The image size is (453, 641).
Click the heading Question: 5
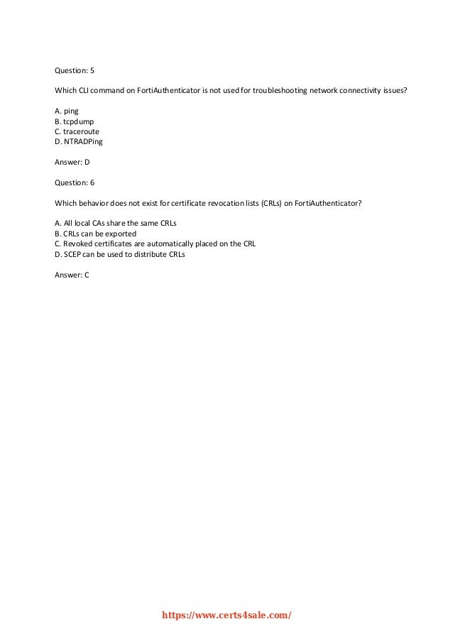coord(75,70)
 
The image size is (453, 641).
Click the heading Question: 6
coord(75,182)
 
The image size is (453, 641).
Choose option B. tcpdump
coord(74,121)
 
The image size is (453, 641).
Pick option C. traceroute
coord(77,131)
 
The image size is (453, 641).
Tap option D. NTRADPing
coord(79,141)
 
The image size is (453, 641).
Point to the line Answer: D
coord(72,162)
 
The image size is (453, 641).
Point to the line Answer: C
coord(72,274)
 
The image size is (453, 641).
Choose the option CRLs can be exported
coord(95,234)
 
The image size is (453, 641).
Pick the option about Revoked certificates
coord(155,243)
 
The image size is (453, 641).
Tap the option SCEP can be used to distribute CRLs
coord(119,253)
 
